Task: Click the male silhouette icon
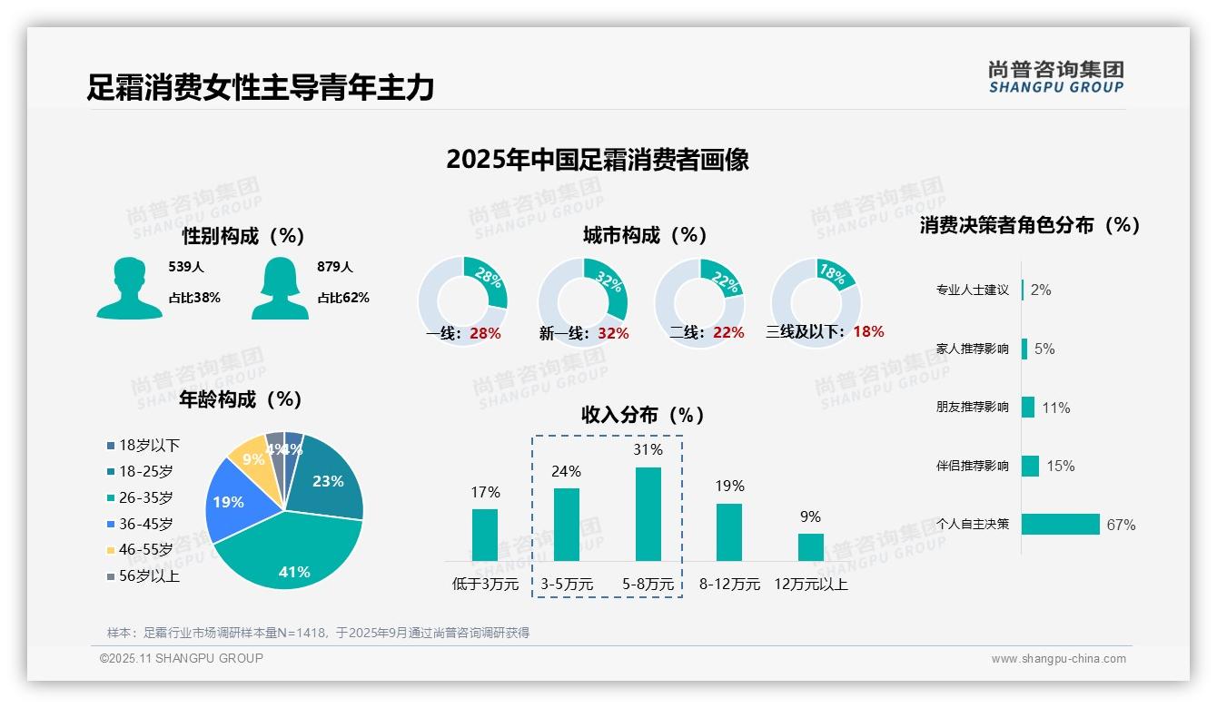tap(129, 288)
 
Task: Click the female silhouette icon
tap(280, 288)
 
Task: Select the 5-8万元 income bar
tap(648, 514)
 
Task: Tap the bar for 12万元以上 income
tap(810, 547)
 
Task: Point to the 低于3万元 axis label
tap(485, 585)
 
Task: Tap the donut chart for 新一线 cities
tap(582, 302)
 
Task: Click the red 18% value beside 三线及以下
tap(867, 332)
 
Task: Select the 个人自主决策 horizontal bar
tap(1060, 525)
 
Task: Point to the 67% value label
tap(1121, 526)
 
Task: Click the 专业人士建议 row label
tap(972, 290)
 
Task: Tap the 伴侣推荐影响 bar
tap(1030, 466)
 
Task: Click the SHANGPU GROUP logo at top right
tap(1055, 77)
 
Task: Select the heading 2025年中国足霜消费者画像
tap(597, 160)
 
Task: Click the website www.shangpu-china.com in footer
tap(1058, 659)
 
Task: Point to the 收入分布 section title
tap(643, 416)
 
